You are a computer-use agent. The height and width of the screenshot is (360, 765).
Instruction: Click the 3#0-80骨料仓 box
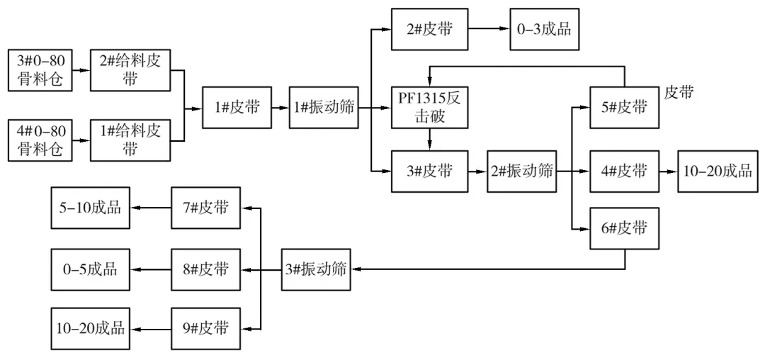click(x=41, y=70)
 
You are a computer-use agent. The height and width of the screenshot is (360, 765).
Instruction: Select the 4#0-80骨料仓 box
click(x=41, y=140)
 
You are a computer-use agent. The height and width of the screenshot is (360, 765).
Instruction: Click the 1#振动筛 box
click(x=322, y=108)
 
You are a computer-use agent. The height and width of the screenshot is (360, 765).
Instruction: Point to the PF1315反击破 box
click(x=430, y=108)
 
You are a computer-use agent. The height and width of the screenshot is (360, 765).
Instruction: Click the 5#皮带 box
click(x=625, y=108)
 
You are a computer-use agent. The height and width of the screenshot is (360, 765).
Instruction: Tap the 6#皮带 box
click(x=625, y=229)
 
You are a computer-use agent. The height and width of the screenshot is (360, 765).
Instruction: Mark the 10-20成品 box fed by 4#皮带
click(x=715, y=171)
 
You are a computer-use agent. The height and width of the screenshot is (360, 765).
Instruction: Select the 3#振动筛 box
click(x=316, y=269)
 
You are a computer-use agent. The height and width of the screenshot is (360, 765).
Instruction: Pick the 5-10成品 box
click(x=91, y=208)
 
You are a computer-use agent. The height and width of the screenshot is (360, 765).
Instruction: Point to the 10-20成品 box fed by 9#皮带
click(x=91, y=329)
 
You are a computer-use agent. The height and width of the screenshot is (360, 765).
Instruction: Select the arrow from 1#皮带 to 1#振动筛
click(x=280, y=108)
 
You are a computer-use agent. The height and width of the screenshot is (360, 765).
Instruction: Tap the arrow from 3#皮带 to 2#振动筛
click(x=477, y=171)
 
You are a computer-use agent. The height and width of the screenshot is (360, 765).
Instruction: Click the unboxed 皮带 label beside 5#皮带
click(x=679, y=91)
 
